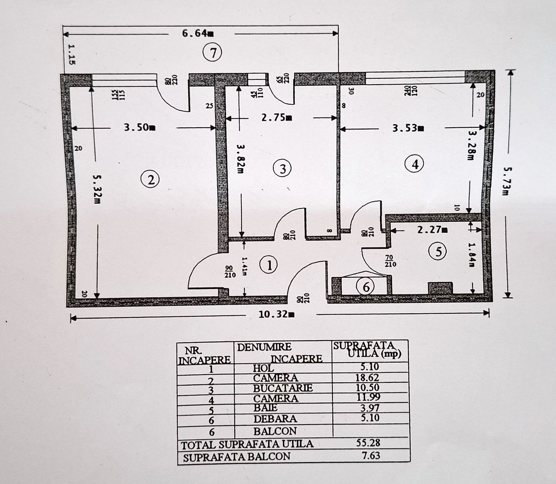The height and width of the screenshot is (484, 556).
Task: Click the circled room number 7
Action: (x=212, y=53)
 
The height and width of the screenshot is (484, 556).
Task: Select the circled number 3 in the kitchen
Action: (x=282, y=169)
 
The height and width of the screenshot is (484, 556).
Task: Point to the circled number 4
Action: (x=414, y=164)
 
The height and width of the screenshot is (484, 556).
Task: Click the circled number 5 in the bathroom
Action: (x=438, y=252)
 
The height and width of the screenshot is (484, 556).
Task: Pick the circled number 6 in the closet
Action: (x=366, y=286)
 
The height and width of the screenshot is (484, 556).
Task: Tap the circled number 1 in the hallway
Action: (x=269, y=264)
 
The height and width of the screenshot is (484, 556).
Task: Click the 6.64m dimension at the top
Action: (x=198, y=34)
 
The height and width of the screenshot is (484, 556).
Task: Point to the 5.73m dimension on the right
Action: (x=506, y=181)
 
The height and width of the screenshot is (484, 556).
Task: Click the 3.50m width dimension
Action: (x=139, y=128)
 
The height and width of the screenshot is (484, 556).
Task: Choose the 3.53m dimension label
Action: (x=408, y=128)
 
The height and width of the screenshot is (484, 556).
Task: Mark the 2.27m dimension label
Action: (x=432, y=230)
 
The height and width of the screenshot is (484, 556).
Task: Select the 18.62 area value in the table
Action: (x=367, y=378)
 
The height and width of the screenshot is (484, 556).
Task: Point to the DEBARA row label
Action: (x=275, y=419)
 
